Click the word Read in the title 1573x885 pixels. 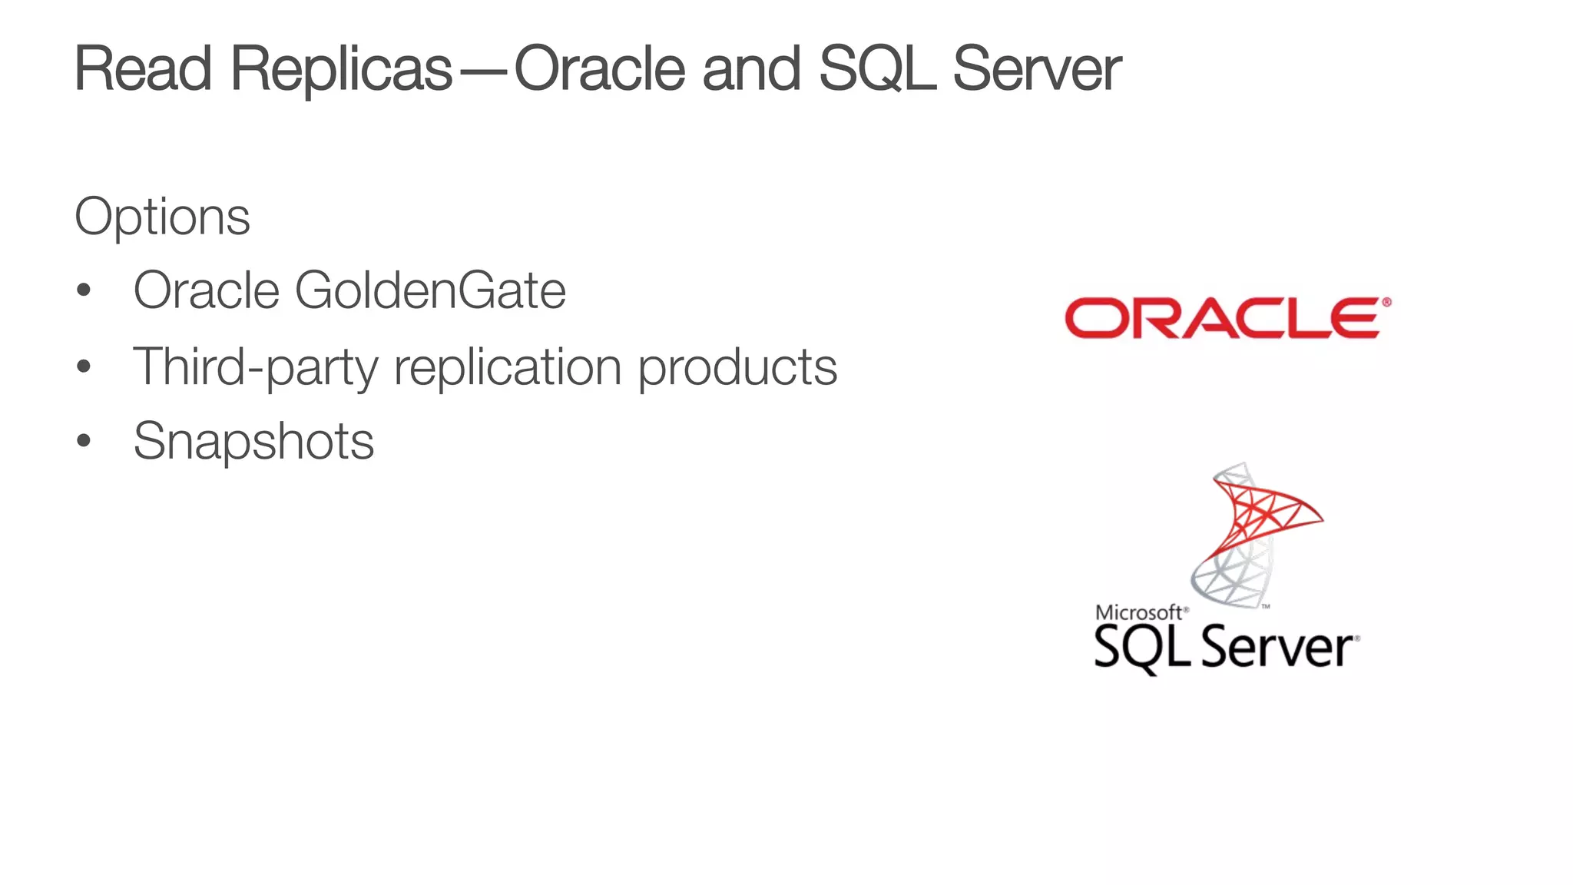tap(143, 69)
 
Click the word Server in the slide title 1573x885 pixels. tap(1037, 69)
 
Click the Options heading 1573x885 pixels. tap(162, 217)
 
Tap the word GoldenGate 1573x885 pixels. tap(430, 290)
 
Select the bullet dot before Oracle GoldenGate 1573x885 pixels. tap(84, 291)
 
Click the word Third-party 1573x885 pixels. tap(256, 367)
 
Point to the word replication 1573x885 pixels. tap(507, 367)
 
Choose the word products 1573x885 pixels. tap(737, 367)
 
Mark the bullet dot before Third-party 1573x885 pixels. tap(84, 366)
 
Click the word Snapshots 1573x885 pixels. tap(253, 442)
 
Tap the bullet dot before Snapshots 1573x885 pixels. tap(84, 442)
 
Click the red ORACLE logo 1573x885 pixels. tap(1227, 317)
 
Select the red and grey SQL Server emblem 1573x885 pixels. tap(1252, 534)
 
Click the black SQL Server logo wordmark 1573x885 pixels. tap(1225, 648)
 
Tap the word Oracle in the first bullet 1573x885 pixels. tap(206, 290)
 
